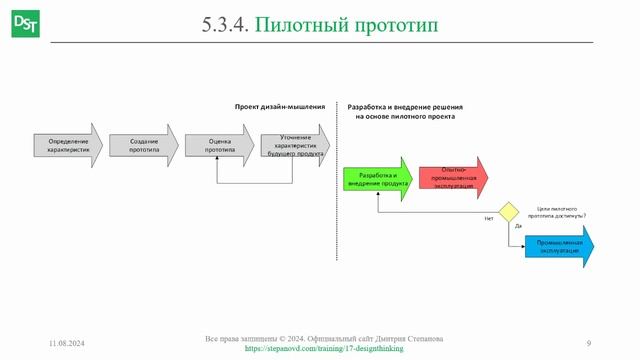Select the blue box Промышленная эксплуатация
[558, 246]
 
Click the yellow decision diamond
[509, 211]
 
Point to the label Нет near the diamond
[488, 218]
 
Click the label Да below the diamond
[518, 227]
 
